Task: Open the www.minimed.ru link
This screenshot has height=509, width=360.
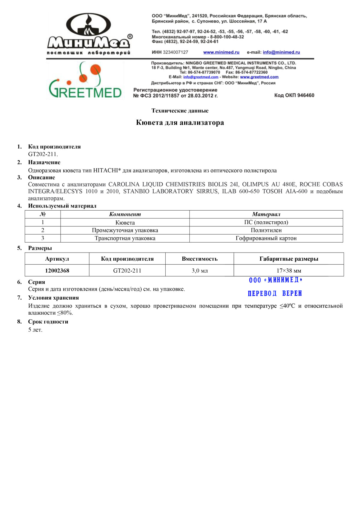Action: (221, 52)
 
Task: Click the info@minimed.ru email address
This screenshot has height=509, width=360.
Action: (281, 52)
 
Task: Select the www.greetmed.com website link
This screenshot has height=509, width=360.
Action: (259, 77)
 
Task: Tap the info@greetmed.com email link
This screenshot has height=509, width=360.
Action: (201, 77)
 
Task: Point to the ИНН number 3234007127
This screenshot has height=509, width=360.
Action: (175, 52)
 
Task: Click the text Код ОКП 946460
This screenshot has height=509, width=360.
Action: (294, 95)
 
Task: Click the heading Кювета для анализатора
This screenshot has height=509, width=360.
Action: (180, 123)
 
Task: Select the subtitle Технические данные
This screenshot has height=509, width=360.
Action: (180, 111)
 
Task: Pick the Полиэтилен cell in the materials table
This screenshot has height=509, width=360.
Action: (266, 230)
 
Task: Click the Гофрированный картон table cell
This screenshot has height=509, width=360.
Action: (266, 238)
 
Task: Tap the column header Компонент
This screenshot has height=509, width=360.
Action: (125, 214)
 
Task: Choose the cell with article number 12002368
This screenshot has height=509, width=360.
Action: (57, 271)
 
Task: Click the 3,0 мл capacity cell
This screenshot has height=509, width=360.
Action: (199, 271)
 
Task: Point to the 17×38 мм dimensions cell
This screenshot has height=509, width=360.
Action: (289, 271)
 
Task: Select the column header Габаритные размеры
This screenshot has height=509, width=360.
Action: (289, 259)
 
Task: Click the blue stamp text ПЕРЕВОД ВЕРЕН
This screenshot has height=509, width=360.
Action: (275, 293)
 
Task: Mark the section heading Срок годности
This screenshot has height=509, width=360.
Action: (48, 322)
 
